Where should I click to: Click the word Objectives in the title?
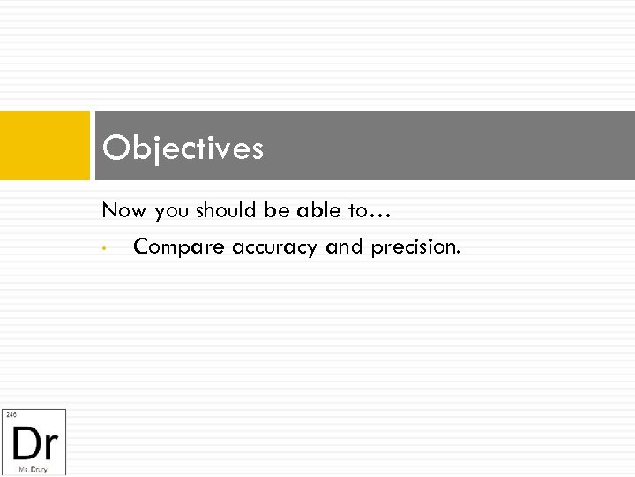[x=183, y=148]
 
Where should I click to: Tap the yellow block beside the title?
[x=45, y=146]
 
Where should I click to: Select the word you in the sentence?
[x=171, y=212]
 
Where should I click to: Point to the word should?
[x=226, y=210]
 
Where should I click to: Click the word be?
[x=275, y=210]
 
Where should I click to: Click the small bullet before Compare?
[x=104, y=248]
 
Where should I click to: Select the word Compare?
[x=179, y=248]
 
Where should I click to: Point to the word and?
[x=345, y=246]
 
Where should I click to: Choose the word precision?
[x=415, y=247]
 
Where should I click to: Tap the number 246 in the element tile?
[x=11, y=414]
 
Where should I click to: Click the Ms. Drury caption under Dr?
[x=34, y=470]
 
